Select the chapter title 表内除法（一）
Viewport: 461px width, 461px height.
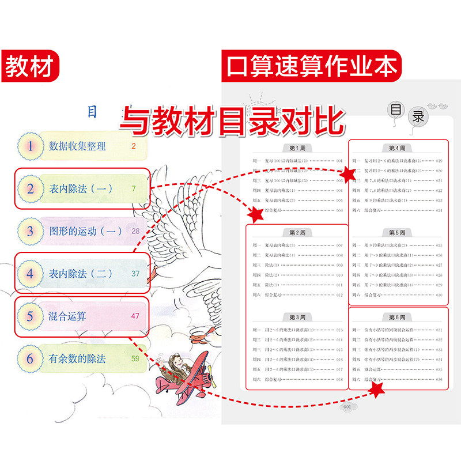tap(81, 188)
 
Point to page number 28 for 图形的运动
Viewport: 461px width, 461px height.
tap(136, 231)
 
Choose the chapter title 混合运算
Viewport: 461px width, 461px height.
tap(69, 316)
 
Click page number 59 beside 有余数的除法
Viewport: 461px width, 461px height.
tap(136, 358)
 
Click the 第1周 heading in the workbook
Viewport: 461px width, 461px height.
tap(297, 148)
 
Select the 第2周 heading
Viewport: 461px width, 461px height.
tap(297, 232)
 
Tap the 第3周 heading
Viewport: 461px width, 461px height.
tap(297, 317)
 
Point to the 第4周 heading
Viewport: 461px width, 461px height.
tap(398, 148)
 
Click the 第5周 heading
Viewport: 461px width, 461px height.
tap(398, 232)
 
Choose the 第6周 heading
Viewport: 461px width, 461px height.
tap(398, 317)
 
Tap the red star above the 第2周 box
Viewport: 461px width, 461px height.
tap(254, 215)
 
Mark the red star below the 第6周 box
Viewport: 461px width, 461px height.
tap(377, 392)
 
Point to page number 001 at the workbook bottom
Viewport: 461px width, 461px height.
tap(347, 407)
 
